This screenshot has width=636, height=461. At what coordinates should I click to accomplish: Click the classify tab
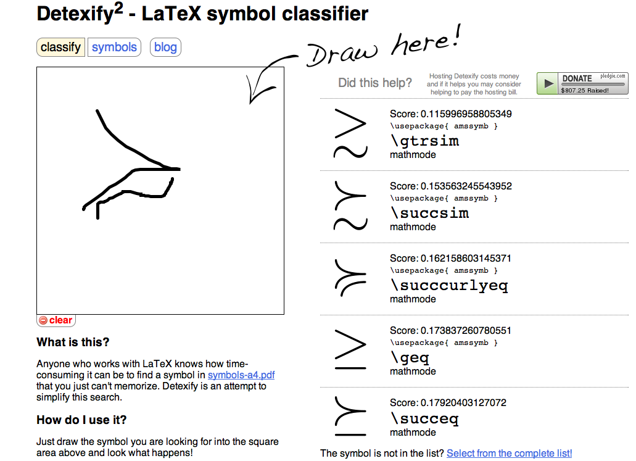60,48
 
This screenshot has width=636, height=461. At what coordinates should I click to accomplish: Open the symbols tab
114,48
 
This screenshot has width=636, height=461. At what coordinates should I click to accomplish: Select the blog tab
165,48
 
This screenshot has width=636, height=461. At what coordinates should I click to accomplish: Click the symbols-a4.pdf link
241,375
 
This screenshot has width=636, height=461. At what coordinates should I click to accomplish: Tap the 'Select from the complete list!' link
509,453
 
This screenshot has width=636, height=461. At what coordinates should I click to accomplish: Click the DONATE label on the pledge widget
577,78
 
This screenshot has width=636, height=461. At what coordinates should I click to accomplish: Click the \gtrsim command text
424,141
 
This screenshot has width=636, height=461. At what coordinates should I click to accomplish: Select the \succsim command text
429,213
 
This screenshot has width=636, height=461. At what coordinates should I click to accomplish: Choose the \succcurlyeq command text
448,285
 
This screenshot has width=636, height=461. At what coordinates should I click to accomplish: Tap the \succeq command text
424,419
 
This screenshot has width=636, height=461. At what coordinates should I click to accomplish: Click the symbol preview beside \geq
350,351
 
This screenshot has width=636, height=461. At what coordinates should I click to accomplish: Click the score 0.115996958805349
451,114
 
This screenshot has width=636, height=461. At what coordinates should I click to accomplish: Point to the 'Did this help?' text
375,83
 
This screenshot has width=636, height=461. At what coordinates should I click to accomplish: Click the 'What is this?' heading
73,342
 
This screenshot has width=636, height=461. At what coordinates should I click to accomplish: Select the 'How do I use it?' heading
81,420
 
